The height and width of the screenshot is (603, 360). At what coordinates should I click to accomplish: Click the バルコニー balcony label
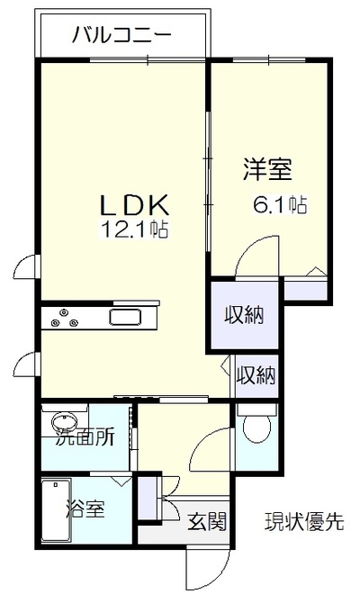[121, 36]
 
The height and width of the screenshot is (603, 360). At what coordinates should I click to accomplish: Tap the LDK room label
[134, 204]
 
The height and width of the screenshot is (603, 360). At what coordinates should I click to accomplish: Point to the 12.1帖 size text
[134, 229]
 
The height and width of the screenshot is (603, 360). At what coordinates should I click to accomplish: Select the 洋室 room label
[267, 169]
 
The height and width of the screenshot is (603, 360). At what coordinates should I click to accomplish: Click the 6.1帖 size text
[280, 204]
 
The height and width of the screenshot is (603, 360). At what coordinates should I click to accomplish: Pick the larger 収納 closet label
[244, 316]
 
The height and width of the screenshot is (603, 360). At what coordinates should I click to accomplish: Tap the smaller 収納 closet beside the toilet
[256, 375]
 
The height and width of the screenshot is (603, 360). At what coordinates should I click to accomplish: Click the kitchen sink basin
[125, 318]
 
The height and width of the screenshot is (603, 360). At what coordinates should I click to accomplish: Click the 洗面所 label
[85, 436]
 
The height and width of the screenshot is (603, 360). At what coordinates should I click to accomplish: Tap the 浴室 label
[85, 508]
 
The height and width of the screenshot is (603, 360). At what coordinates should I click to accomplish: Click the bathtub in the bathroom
[56, 510]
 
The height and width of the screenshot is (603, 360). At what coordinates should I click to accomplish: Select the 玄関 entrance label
[207, 522]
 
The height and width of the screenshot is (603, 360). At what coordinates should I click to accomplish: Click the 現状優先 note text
[304, 522]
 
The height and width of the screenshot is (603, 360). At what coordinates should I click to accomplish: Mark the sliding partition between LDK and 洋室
[208, 181]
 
